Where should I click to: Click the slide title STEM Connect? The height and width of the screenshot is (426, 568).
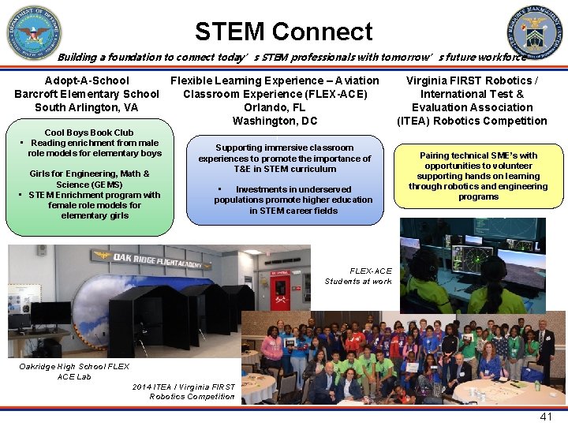pyautogui.click(x=283, y=32)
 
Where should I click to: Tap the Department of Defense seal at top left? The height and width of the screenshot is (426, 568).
pyautogui.click(x=33, y=32)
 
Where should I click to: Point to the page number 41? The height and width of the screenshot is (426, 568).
pyautogui.click(x=545, y=417)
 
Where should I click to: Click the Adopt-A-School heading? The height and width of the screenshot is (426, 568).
pyautogui.click(x=87, y=80)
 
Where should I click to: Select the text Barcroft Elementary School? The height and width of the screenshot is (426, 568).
pyautogui.click(x=87, y=94)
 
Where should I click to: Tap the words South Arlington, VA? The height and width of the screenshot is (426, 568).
pyautogui.click(x=87, y=107)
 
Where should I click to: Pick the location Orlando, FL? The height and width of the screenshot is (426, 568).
pyautogui.click(x=275, y=107)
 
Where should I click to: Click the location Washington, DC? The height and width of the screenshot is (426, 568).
pyautogui.click(x=275, y=121)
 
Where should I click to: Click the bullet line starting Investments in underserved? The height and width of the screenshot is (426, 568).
pyautogui.click(x=293, y=189)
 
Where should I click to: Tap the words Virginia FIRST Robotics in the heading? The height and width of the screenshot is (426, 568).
pyautogui.click(x=472, y=80)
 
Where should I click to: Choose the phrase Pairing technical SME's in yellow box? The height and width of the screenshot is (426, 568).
pyautogui.click(x=478, y=155)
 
